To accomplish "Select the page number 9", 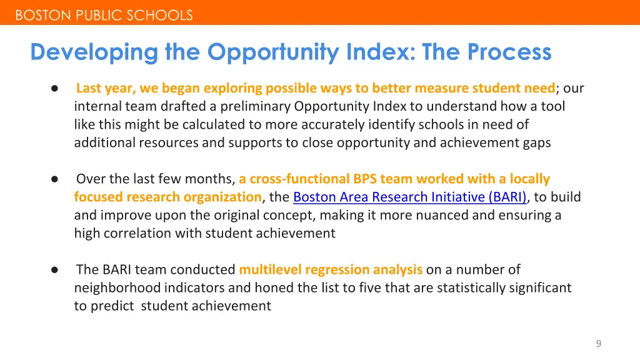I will coord(598,343).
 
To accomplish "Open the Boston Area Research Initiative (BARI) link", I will coord(410,197).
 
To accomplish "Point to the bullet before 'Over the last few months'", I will coord(55,179).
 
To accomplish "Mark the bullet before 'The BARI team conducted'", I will coord(55,270).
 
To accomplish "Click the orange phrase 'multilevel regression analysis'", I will coord(331,270).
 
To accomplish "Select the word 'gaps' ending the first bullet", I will coord(537,143).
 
